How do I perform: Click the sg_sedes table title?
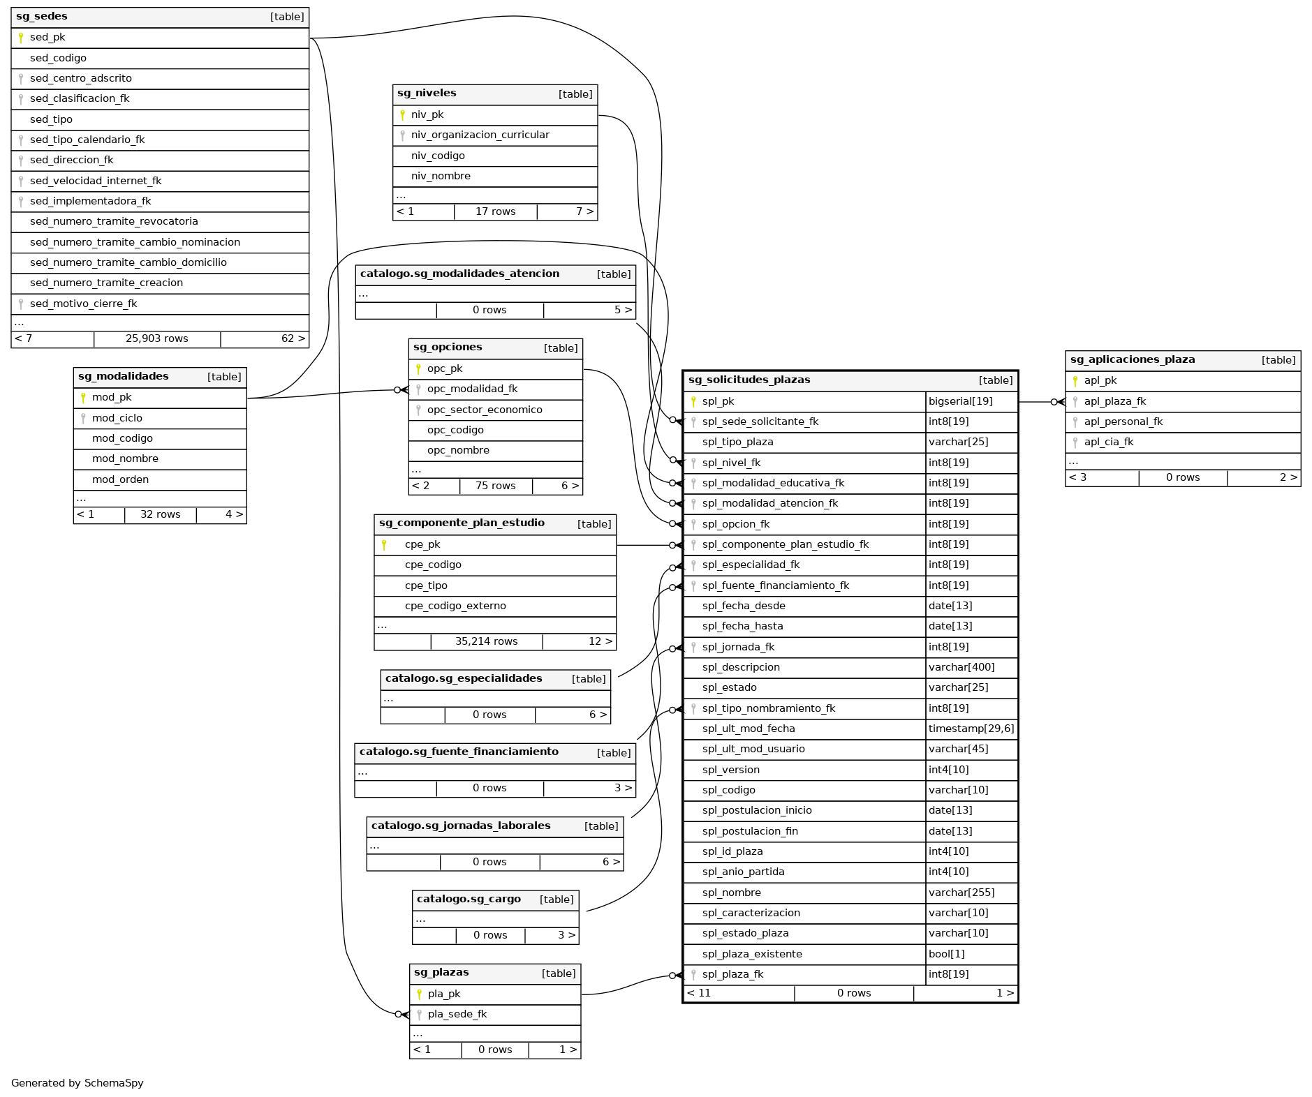42,17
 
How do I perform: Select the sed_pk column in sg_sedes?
47,38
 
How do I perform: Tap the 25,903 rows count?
156,339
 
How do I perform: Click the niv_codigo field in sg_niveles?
438,156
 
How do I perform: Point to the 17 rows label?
495,212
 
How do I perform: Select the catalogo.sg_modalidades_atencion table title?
459,274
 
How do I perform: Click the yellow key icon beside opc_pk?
418,369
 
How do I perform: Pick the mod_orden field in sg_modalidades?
120,480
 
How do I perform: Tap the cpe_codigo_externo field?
455,606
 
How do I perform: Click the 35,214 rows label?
486,642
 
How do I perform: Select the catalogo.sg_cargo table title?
469,900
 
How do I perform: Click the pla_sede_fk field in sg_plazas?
457,1015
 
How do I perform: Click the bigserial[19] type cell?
959,402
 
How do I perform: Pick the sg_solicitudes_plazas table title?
749,380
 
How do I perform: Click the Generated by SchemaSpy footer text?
78,1084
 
